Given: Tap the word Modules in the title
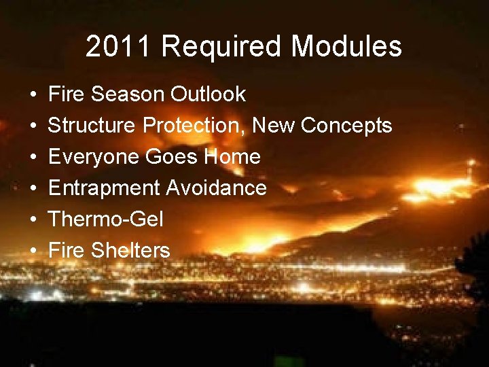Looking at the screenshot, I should [346, 47].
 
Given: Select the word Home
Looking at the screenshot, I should [234, 156].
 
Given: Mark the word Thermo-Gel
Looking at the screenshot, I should [106, 219].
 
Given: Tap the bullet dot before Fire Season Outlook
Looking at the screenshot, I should [33, 94].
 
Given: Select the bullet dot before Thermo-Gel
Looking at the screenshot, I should [33, 220].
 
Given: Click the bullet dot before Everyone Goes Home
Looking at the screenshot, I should [33, 157].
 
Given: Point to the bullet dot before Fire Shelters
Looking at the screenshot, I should [33, 251].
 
